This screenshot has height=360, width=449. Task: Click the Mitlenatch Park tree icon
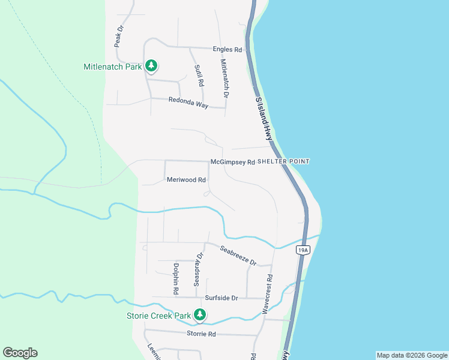pos(152,66)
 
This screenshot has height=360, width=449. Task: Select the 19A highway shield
pos(303,250)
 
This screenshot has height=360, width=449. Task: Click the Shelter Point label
pos(283,161)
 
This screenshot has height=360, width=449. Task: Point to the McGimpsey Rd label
pos(233,162)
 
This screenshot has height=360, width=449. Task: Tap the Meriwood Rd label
pos(186,179)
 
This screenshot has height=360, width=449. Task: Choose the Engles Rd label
pos(227,49)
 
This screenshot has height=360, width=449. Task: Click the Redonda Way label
pos(188,103)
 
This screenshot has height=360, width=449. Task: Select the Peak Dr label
pos(118,37)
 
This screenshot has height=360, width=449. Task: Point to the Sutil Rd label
pos(199,75)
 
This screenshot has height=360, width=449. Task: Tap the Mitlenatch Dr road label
pos(224,79)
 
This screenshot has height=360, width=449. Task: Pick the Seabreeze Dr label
pos(238,256)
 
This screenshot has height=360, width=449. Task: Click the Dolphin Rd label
pos(176,278)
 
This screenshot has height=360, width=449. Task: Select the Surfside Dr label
pos(221,298)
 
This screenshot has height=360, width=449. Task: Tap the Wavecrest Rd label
pos(268,293)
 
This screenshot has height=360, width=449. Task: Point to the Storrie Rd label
pos(201,334)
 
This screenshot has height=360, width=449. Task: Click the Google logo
pos(20,353)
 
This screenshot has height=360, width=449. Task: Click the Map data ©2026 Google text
pos(412,355)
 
